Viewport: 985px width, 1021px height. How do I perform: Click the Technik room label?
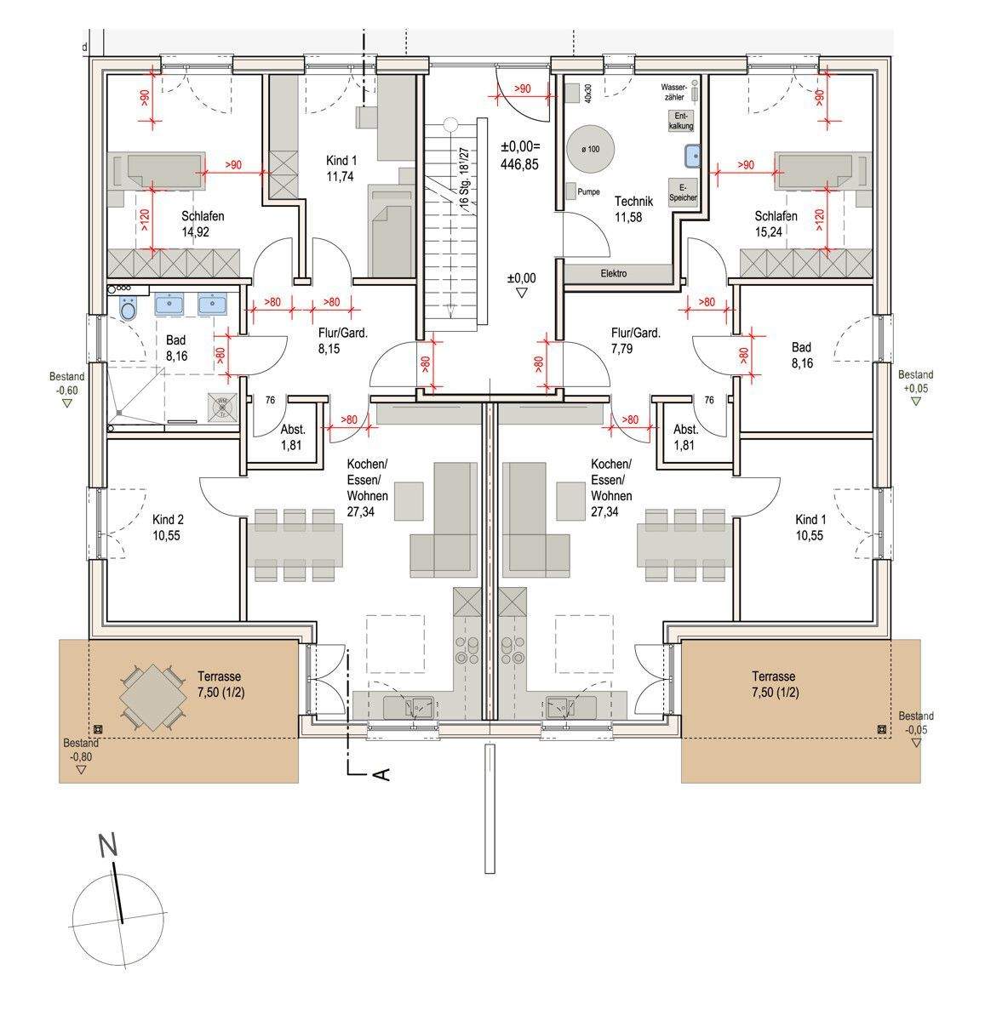tap(633, 209)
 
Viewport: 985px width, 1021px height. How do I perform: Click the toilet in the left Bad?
tap(129, 310)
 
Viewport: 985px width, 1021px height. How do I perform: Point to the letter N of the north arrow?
tap(107, 846)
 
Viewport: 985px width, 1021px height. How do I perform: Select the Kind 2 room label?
tap(168, 528)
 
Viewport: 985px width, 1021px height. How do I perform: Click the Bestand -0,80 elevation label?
tap(81, 749)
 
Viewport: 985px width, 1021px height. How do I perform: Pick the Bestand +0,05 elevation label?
tap(915, 381)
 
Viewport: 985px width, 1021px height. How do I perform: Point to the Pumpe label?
tap(588, 192)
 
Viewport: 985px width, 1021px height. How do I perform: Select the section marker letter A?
tap(382, 773)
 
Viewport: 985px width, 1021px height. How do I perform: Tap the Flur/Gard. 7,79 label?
tap(635, 340)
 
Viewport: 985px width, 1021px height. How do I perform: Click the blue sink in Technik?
tap(690, 156)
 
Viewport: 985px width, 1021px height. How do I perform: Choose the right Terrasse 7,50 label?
tap(775, 683)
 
